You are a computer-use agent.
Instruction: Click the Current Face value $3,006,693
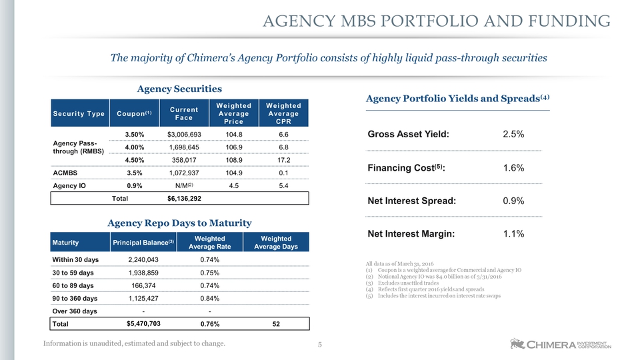click(184, 134)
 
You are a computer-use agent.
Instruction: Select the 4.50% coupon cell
click(134, 160)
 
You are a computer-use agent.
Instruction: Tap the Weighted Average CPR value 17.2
click(284, 160)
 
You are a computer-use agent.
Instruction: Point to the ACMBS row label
click(65, 173)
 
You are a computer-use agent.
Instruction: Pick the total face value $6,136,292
click(184, 199)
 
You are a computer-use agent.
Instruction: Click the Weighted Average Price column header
click(234, 113)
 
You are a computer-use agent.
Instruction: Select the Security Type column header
click(79, 113)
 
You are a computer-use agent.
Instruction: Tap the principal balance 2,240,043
click(143, 259)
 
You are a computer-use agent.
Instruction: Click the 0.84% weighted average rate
click(210, 299)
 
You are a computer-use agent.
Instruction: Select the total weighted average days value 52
click(276, 324)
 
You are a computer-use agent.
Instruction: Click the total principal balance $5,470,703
click(143, 324)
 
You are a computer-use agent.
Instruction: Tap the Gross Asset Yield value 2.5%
click(513, 134)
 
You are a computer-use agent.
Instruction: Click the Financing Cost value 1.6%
click(513, 168)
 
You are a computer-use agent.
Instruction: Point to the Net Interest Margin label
click(411, 234)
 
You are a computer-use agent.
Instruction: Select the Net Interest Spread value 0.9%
click(513, 201)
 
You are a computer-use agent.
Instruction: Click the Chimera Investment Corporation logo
click(561, 344)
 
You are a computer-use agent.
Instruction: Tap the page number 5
click(320, 345)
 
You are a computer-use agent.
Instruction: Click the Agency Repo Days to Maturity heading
click(179, 223)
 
